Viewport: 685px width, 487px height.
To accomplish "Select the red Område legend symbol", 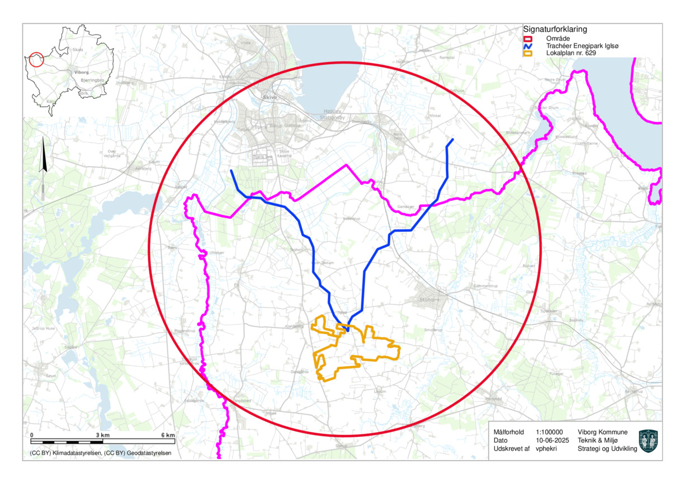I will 527,39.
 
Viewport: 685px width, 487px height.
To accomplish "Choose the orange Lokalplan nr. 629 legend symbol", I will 527,54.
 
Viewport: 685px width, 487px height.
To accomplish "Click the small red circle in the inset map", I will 36,60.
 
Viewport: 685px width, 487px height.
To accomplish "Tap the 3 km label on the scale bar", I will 102,435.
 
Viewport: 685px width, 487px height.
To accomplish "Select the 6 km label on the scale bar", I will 168,435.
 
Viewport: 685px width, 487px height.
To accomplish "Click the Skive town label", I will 270,97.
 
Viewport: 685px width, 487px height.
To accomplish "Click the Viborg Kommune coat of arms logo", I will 648,441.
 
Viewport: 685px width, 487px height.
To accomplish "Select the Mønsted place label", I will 493,399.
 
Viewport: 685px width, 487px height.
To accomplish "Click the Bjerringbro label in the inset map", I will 93,80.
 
